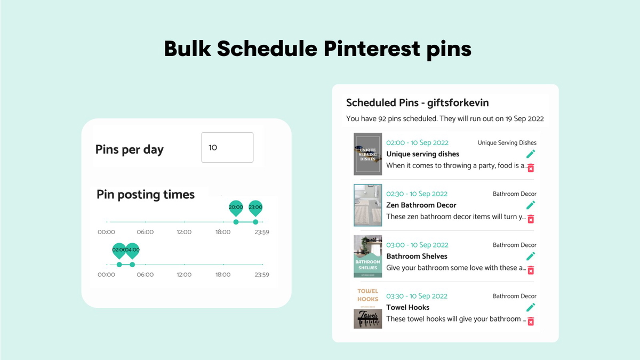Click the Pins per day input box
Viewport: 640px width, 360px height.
pyautogui.click(x=227, y=147)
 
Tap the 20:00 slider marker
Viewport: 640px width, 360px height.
pyautogui.click(x=236, y=208)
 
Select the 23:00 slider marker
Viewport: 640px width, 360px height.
pyautogui.click(x=255, y=208)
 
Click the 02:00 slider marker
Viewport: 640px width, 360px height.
pyautogui.click(x=119, y=251)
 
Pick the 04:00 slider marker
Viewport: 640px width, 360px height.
pyautogui.click(x=132, y=251)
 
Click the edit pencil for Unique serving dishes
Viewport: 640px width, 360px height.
pyautogui.click(x=530, y=154)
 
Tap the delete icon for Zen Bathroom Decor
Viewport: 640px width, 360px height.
pyautogui.click(x=530, y=219)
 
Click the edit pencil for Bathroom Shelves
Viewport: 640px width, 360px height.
pyautogui.click(x=530, y=257)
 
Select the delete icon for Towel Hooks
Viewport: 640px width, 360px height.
pyautogui.click(x=530, y=321)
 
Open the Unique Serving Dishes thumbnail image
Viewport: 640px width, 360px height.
pyautogui.click(x=368, y=154)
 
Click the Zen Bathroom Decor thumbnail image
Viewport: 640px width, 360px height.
pyautogui.click(x=368, y=205)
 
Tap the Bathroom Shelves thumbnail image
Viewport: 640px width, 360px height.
pyautogui.click(x=368, y=257)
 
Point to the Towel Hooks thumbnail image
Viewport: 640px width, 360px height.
pyautogui.click(x=368, y=308)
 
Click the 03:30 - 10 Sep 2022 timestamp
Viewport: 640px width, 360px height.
pyautogui.click(x=417, y=296)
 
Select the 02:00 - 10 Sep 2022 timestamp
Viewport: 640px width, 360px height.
pyautogui.click(x=417, y=142)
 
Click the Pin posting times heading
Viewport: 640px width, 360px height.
pyautogui.click(x=146, y=195)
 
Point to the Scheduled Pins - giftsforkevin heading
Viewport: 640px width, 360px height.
pyautogui.click(x=417, y=103)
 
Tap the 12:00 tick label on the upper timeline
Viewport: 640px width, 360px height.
pyautogui.click(x=184, y=232)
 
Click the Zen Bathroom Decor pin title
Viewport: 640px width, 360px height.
pyautogui.click(x=421, y=205)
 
